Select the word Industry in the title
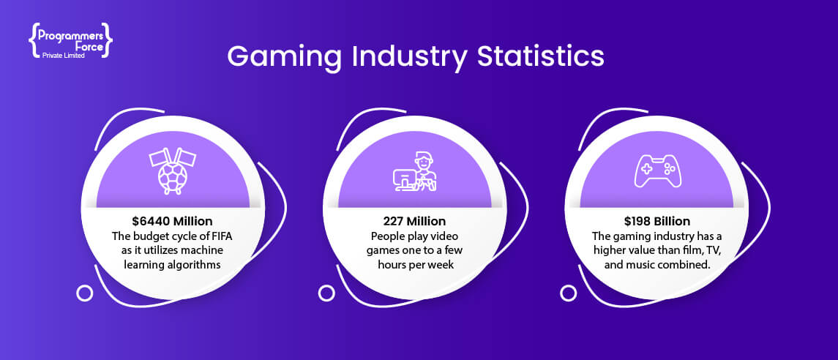(x=409, y=57)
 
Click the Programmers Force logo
(x=70, y=40)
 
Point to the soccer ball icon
(x=173, y=172)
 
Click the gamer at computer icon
(x=414, y=172)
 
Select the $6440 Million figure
(x=173, y=221)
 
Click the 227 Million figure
(x=414, y=221)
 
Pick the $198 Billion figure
(x=656, y=221)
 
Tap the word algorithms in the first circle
(x=195, y=264)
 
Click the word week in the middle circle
(x=443, y=264)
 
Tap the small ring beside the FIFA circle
(x=84, y=293)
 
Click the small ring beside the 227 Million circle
(x=326, y=293)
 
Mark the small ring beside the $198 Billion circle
(x=568, y=293)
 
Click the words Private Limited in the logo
(x=63, y=56)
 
